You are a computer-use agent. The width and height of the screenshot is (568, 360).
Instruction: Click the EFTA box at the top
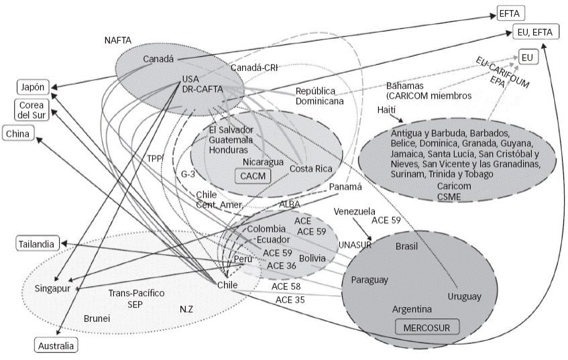pyautogui.click(x=510, y=13)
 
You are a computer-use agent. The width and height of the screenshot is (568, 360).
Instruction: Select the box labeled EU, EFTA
pyautogui.click(x=534, y=32)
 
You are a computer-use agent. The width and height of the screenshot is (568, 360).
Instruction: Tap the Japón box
pyautogui.click(x=33, y=87)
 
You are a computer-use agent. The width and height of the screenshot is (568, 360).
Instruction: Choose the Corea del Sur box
pyautogui.click(x=32, y=110)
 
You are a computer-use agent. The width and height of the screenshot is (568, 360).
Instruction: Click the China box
pyautogui.click(x=17, y=133)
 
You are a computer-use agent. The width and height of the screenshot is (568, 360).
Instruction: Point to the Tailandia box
pyautogui.click(x=37, y=244)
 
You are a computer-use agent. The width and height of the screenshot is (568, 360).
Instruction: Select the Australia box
pyautogui.click(x=56, y=345)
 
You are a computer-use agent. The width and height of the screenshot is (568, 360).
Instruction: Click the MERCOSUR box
pyautogui.click(x=427, y=327)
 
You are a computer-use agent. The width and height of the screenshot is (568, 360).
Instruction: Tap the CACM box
pyautogui.click(x=253, y=176)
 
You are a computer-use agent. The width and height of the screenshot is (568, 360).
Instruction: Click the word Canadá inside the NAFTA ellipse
pyautogui.click(x=158, y=59)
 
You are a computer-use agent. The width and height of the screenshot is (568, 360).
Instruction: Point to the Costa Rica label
pyautogui.click(x=310, y=168)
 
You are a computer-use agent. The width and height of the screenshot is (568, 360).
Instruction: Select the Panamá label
pyautogui.click(x=345, y=186)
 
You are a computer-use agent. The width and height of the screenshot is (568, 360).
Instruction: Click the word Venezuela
pyautogui.click(x=354, y=211)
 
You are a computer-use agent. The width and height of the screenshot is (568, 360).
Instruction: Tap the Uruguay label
pyautogui.click(x=465, y=296)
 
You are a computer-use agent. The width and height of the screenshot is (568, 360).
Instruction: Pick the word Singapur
pyautogui.click(x=52, y=288)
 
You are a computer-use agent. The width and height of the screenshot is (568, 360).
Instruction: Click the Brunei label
pyautogui.click(x=97, y=318)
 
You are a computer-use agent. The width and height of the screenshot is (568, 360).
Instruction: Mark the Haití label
pyautogui.click(x=386, y=110)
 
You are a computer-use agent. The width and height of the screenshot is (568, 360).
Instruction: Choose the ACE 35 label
pyautogui.click(x=290, y=300)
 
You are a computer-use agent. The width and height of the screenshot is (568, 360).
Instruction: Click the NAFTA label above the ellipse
pyautogui.click(x=118, y=40)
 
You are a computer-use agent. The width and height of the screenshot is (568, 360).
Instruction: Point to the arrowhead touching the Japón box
pyautogui.click(x=54, y=87)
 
